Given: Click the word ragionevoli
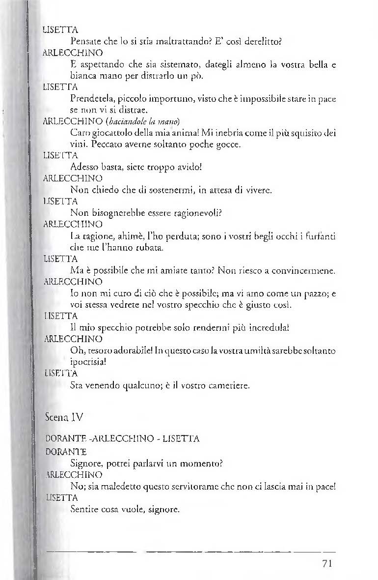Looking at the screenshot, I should click(x=191, y=213).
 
